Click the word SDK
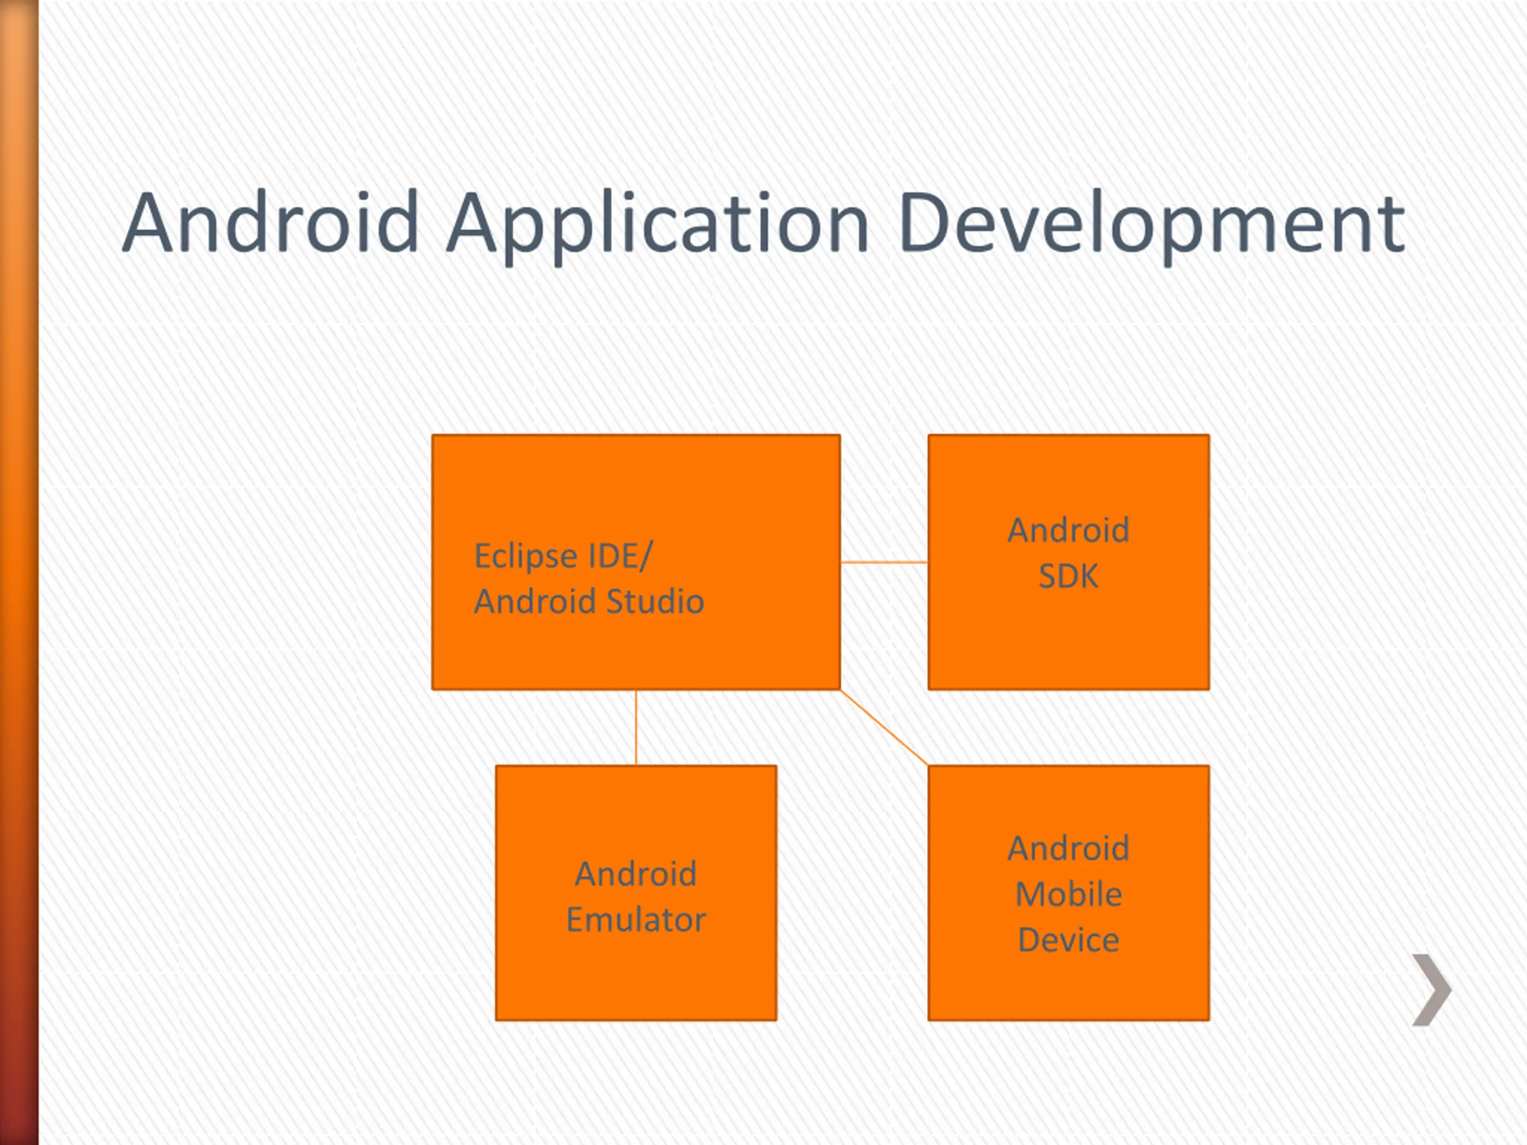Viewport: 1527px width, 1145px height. point(1068,576)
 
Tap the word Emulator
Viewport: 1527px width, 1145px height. point(636,920)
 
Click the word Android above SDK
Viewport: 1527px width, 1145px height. point(1068,531)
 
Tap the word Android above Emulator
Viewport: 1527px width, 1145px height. point(636,874)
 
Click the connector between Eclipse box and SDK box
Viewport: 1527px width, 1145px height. point(883,562)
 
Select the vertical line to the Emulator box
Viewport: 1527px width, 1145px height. point(636,727)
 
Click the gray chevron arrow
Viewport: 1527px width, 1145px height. point(1432,991)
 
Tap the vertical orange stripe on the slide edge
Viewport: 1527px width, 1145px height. point(18,573)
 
